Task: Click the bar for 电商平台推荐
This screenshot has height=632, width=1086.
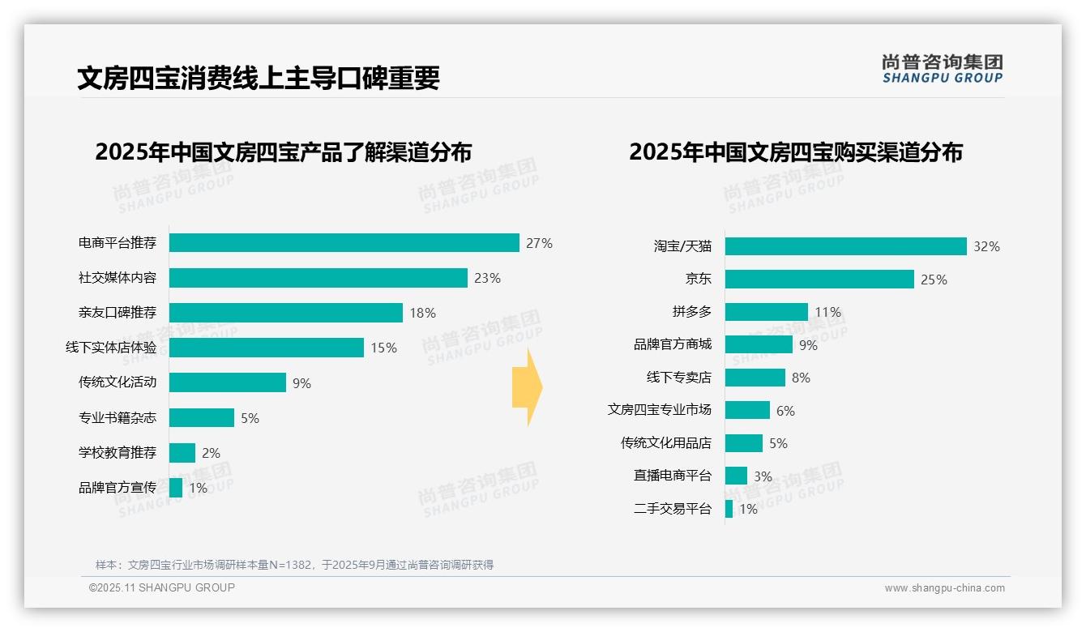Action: click(x=344, y=243)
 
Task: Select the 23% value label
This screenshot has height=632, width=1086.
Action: click(x=487, y=278)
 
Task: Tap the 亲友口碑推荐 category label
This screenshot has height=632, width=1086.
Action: click(x=118, y=313)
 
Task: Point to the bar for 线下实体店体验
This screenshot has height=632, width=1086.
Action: click(x=266, y=348)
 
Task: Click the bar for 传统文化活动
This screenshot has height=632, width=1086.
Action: click(x=227, y=382)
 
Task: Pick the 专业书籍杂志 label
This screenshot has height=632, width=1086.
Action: click(x=118, y=418)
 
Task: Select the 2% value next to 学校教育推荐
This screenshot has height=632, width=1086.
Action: click(x=211, y=453)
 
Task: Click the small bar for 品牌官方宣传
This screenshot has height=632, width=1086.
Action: click(x=176, y=488)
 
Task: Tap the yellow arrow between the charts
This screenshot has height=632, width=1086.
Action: click(x=527, y=387)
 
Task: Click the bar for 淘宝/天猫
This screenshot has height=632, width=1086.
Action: click(x=845, y=246)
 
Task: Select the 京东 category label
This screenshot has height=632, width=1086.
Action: click(x=698, y=279)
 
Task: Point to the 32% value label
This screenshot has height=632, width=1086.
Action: click(x=986, y=246)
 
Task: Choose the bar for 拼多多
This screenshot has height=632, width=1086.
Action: click(x=766, y=312)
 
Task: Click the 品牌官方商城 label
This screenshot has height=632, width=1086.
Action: click(x=673, y=344)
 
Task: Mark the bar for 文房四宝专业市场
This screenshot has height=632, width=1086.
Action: click(x=747, y=410)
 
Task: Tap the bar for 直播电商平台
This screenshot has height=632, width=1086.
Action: click(x=736, y=476)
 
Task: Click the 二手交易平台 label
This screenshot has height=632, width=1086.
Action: click(x=673, y=509)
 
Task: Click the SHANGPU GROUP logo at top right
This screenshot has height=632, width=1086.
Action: click(x=942, y=68)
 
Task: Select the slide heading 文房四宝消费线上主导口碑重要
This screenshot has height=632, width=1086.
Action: click(x=259, y=78)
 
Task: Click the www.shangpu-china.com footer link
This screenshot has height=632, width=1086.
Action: click(x=944, y=588)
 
